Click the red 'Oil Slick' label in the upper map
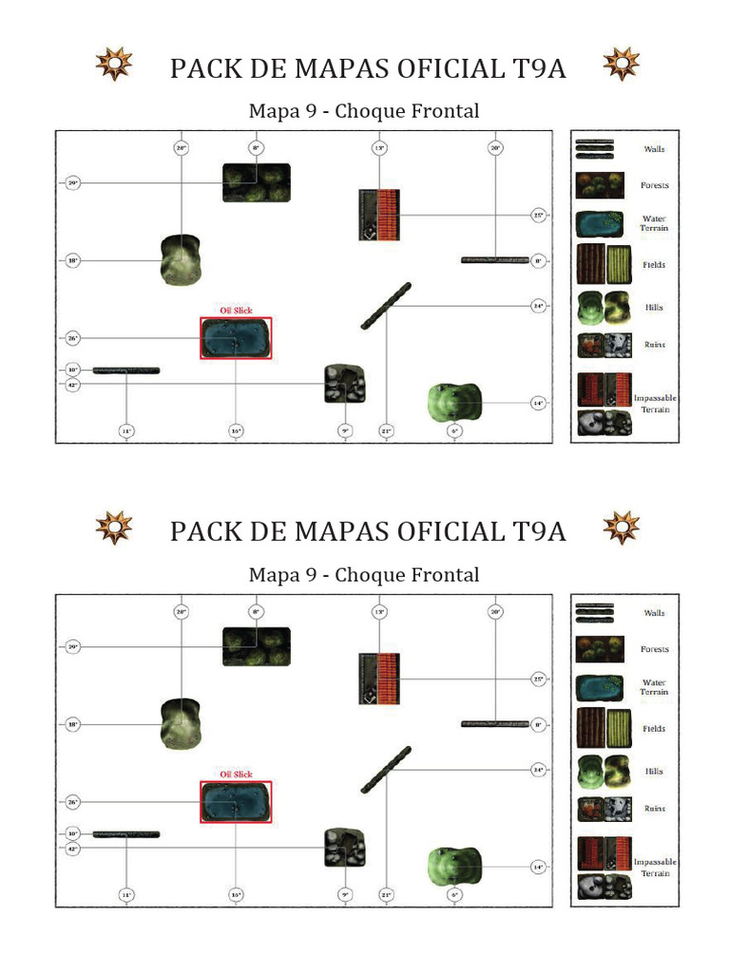point(236,311)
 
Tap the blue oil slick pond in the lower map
point(236,802)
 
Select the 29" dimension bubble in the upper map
point(73,182)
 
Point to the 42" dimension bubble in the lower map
point(73,849)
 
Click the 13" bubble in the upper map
point(379,148)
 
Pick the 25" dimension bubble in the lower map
point(538,679)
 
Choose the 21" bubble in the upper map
point(386,430)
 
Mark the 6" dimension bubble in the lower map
point(455,894)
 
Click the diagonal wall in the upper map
point(386,306)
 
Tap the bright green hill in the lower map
point(454,865)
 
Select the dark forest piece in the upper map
point(257,182)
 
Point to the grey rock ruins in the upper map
point(345,384)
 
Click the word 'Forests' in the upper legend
point(654,185)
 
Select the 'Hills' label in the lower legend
point(654,772)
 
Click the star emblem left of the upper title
point(114,65)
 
